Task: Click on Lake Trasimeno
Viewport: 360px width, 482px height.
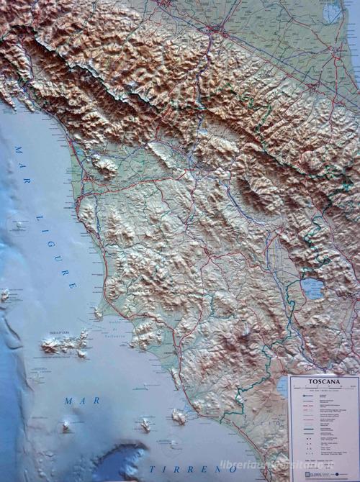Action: click(313, 289)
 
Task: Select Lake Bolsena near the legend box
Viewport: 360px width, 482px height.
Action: click(282, 388)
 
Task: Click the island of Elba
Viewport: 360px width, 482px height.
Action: click(65, 345)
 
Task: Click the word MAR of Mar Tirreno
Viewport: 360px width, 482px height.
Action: click(81, 400)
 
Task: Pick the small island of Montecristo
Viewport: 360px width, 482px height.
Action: click(66, 427)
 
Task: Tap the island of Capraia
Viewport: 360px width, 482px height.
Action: click(5, 294)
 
